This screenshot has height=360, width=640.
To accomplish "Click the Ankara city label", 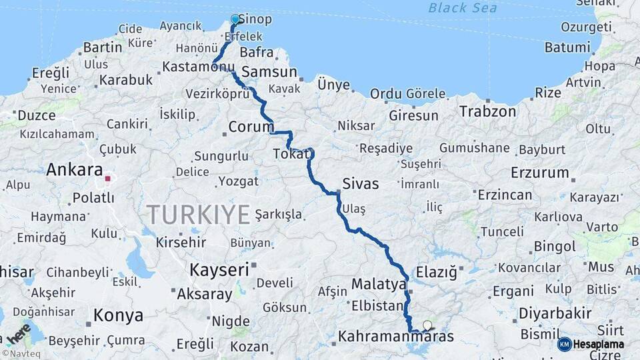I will [x=74, y=170].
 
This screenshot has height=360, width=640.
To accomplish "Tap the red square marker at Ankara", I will [x=107, y=179].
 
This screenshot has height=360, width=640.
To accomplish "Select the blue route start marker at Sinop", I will [x=235, y=19].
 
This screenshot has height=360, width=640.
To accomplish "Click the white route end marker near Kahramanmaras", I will [x=427, y=325].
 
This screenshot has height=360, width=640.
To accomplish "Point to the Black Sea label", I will [x=463, y=8].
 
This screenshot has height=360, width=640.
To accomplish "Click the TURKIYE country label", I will [x=199, y=214].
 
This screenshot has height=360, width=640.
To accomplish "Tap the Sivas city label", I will [x=360, y=184].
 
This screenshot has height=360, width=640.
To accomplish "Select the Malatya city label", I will [x=379, y=284].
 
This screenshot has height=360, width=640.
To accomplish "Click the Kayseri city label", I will [x=219, y=270].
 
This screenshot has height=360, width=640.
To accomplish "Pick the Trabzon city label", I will [x=487, y=111].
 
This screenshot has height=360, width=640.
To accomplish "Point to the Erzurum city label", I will [x=540, y=173].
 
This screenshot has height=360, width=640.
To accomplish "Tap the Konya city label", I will [x=118, y=315].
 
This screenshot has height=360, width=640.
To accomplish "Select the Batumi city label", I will [x=567, y=47].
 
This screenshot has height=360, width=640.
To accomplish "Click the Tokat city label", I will [x=291, y=155].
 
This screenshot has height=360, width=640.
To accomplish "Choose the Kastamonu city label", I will [x=199, y=67].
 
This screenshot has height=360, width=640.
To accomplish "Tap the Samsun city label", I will [x=269, y=71].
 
